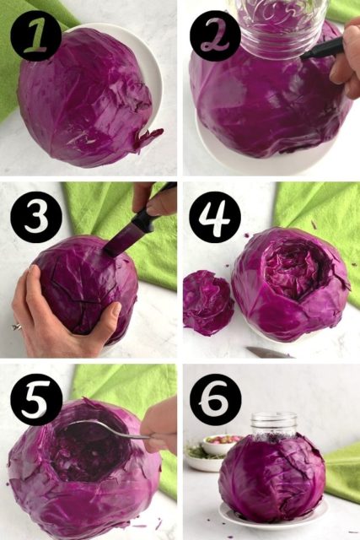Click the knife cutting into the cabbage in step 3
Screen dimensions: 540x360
pos(135,228)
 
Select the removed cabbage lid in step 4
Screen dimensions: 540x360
pos(208,302)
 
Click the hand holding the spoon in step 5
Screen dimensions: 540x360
pos(162,426)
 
